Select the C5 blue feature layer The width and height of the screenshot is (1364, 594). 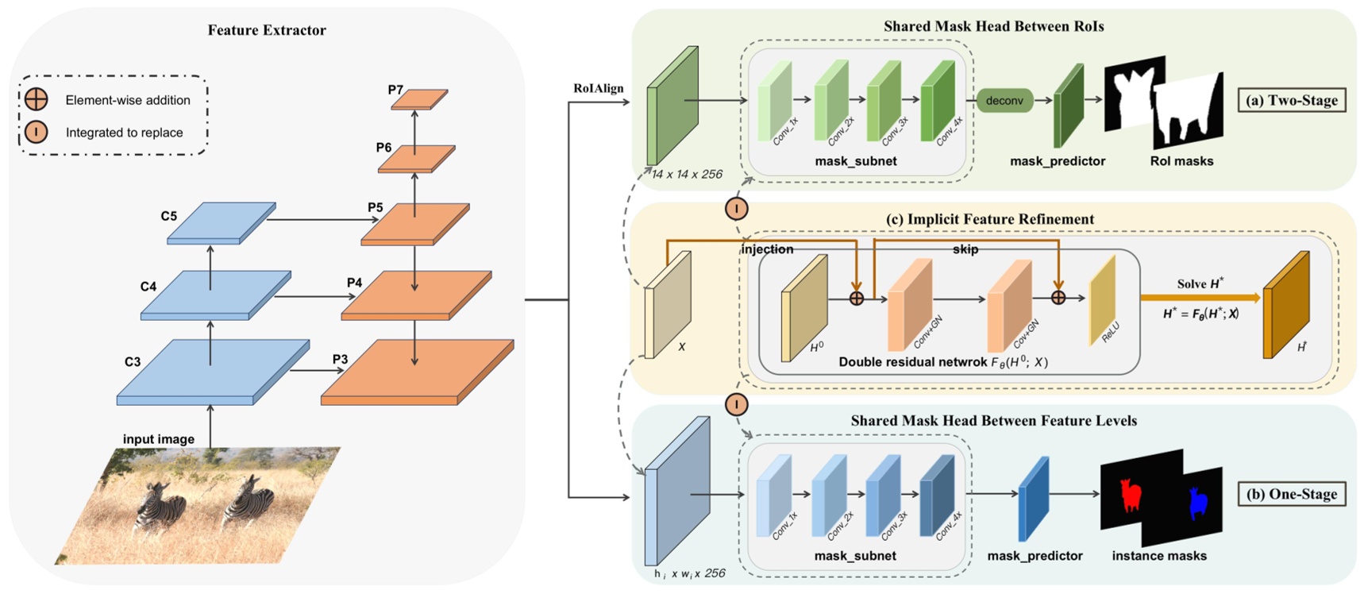222,222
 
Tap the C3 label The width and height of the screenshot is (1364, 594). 133,362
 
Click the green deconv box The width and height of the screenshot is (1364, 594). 1004,101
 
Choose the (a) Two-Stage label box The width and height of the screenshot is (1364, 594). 1292,100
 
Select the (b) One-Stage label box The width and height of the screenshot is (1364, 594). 1292,494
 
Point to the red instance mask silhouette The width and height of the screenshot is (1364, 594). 1130,496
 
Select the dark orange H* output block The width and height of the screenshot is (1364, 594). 1286,306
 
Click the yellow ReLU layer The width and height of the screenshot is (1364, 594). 1103,302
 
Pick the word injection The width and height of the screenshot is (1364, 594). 767,249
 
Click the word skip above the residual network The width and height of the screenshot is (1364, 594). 965,249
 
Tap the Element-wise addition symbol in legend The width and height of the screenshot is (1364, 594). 37,99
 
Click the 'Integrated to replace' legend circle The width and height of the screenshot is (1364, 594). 37,132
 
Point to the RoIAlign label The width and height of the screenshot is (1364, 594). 598,88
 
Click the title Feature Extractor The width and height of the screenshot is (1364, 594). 267,30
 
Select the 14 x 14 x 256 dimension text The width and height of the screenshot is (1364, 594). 687,175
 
